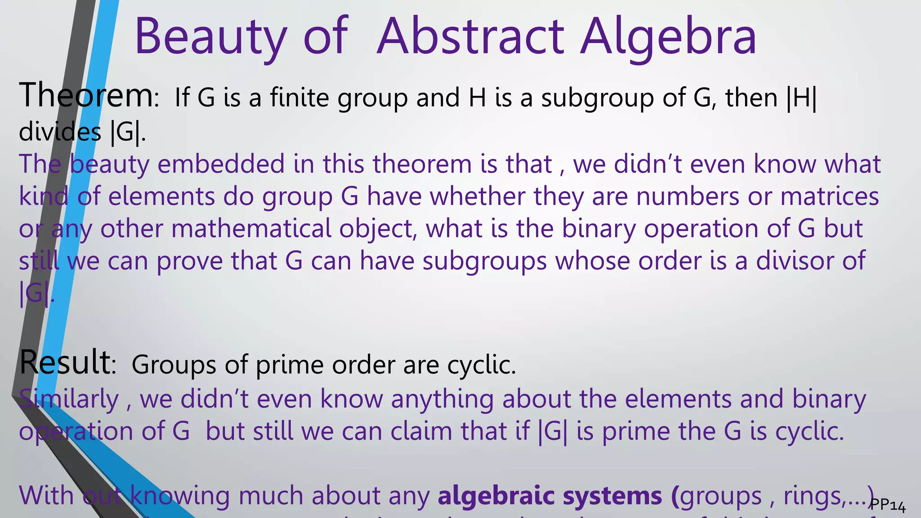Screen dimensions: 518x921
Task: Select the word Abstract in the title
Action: click(x=470, y=36)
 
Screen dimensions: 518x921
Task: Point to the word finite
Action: click(x=300, y=98)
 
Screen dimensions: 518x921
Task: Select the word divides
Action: click(x=60, y=132)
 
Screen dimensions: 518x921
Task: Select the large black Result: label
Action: click(x=68, y=362)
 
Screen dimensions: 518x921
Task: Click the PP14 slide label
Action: click(x=888, y=506)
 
